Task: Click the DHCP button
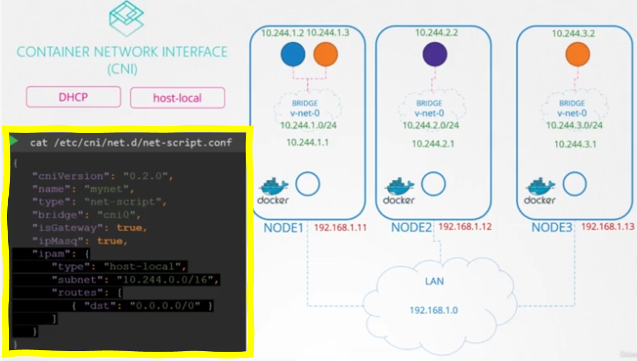tap(73, 97)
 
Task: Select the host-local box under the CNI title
tap(177, 98)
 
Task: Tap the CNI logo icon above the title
tap(126, 19)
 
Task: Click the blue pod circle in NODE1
tap(293, 55)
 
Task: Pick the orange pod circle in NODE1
tap(326, 55)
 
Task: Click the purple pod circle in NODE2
tap(435, 54)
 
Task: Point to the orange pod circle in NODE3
tap(577, 54)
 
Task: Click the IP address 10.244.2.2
tap(436, 33)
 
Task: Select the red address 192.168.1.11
tap(340, 226)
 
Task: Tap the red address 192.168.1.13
tap(607, 226)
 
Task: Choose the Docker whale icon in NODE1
tap(272, 190)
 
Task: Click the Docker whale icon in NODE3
tap(540, 190)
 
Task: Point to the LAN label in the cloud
tap(434, 281)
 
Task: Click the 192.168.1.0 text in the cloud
tap(434, 310)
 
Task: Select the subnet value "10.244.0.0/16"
tap(167, 280)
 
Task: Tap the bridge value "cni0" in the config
tap(120, 214)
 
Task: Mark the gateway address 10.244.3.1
tap(575, 145)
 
